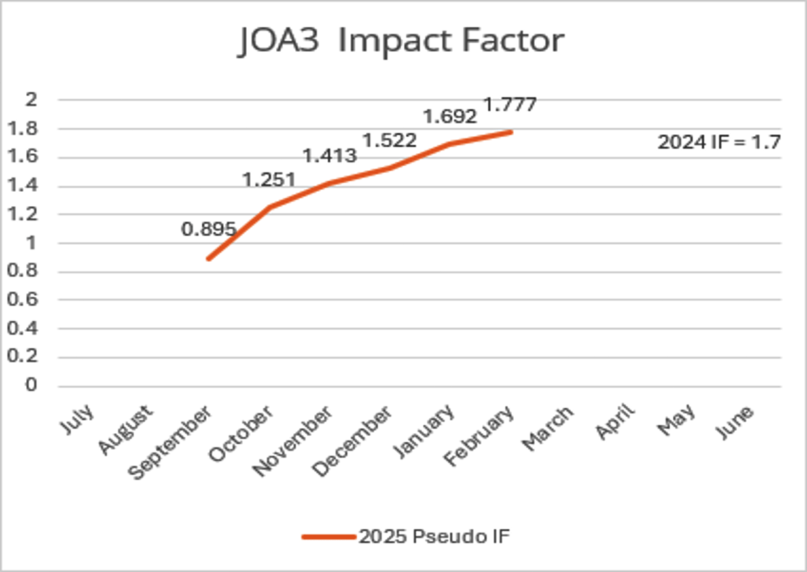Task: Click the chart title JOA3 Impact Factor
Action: (401, 42)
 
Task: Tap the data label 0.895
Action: (208, 229)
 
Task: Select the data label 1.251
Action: (269, 179)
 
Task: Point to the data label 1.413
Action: (329, 156)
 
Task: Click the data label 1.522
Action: (389, 140)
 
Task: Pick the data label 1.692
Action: (450, 116)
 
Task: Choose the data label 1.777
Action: (509, 104)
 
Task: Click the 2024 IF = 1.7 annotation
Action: (719, 142)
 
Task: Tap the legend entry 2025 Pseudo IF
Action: (433, 537)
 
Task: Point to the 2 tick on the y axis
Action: (31, 100)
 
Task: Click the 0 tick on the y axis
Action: (31, 385)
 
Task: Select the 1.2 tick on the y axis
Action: (26, 214)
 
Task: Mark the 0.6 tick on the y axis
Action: (26, 300)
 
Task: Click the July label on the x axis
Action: (77, 419)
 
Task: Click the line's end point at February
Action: (511, 132)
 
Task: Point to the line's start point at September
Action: (208, 259)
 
